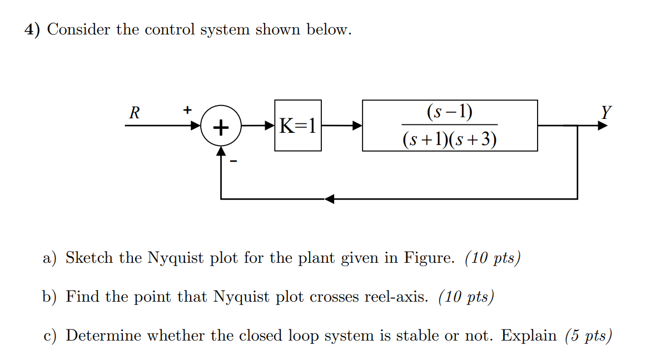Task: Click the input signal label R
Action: [x=134, y=113]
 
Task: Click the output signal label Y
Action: [x=606, y=113]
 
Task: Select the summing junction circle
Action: [x=221, y=127]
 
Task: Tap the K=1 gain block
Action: [x=297, y=126]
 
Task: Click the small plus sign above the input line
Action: [x=188, y=109]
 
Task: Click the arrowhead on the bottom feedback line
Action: [x=330, y=199]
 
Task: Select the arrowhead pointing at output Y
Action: [x=603, y=126]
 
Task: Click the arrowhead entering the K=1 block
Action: [x=270, y=126]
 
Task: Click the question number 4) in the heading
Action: [x=32, y=29]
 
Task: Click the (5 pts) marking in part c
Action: [x=588, y=336]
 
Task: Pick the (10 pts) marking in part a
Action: [x=492, y=259]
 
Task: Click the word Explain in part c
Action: [x=529, y=336]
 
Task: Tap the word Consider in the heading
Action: [x=78, y=29]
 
